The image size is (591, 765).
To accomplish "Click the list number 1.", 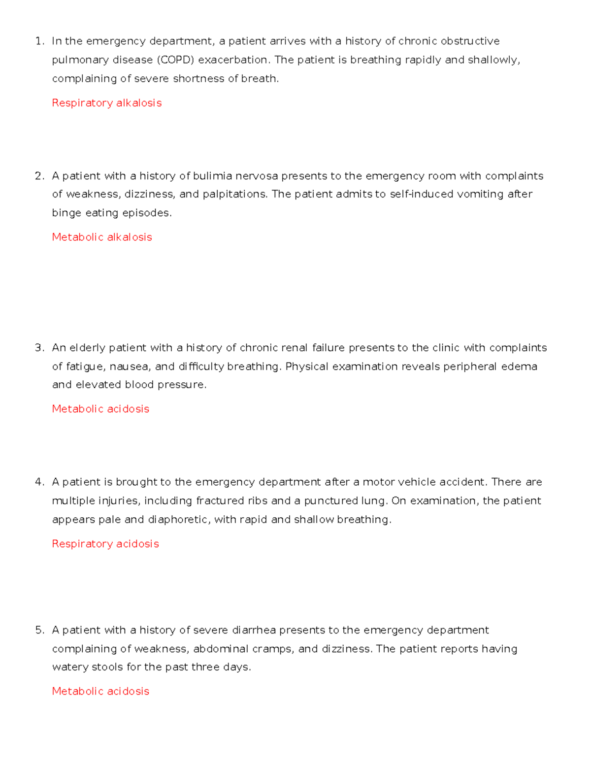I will (x=39, y=41).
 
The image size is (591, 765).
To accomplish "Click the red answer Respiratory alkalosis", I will (x=106, y=103).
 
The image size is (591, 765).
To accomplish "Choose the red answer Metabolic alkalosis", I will (x=102, y=237).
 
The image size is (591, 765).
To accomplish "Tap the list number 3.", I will (x=39, y=348).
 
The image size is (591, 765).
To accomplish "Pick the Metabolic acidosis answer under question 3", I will (x=100, y=409).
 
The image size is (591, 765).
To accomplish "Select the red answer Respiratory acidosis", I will (x=105, y=544).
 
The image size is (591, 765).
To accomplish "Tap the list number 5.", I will (x=39, y=630).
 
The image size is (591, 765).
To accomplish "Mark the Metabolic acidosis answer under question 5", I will (x=100, y=691).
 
